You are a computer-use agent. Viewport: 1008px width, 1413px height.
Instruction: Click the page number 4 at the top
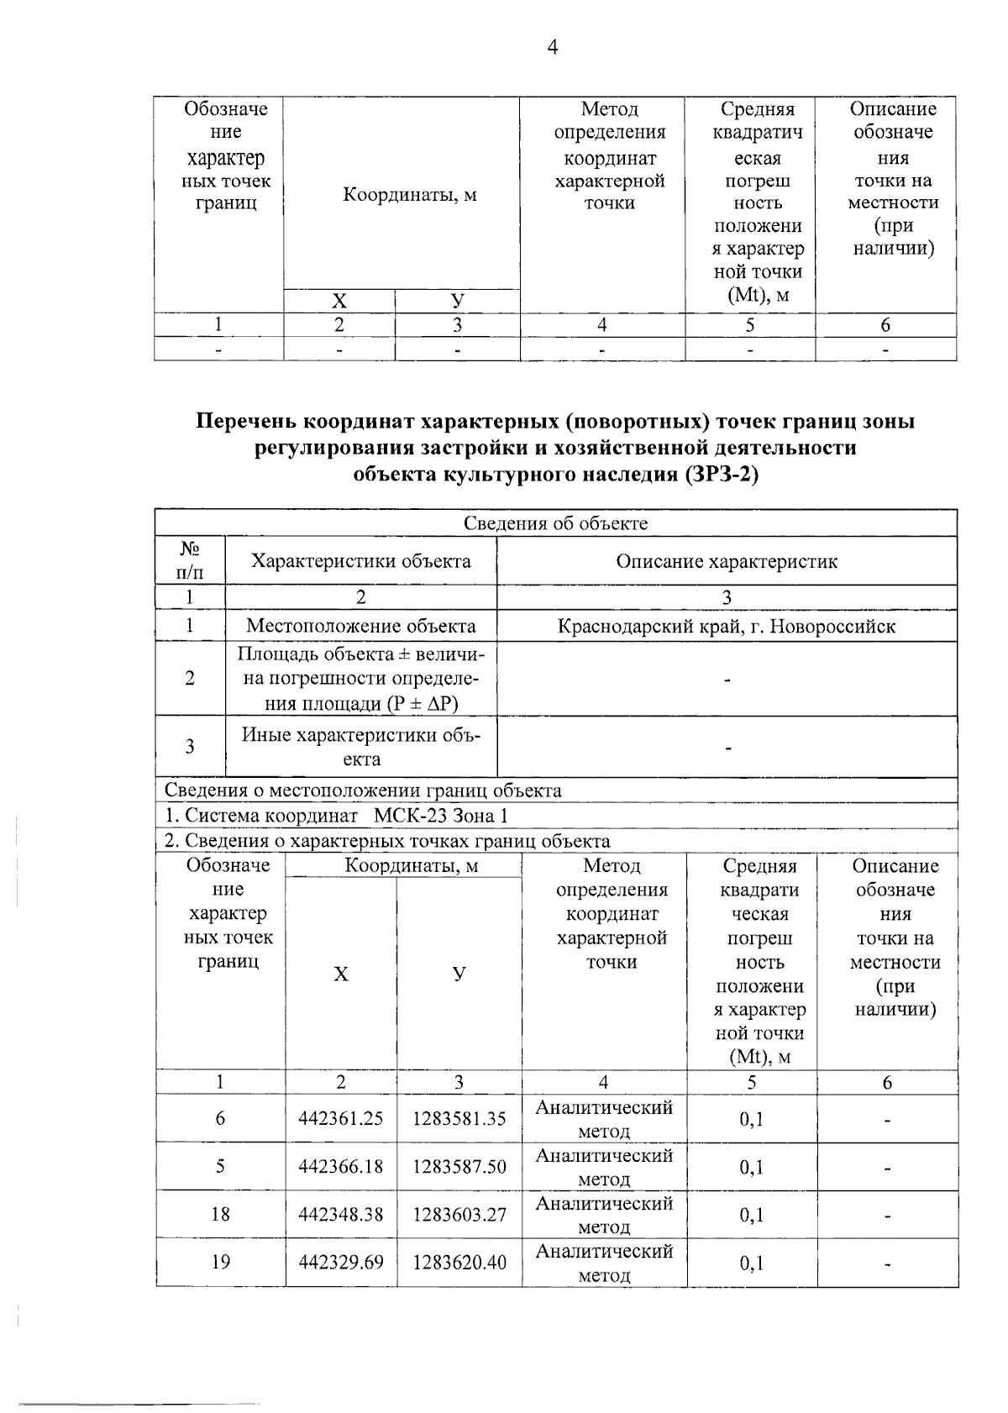552,47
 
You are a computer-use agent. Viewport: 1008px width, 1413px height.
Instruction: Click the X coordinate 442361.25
341,1118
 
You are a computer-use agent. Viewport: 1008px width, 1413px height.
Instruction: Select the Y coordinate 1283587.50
459,1166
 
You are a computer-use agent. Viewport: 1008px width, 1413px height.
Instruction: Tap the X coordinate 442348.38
341,1214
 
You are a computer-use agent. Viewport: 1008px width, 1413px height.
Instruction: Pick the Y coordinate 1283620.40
459,1262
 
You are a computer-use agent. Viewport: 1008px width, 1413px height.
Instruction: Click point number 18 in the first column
220,1214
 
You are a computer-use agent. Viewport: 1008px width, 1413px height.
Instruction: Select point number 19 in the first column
220,1262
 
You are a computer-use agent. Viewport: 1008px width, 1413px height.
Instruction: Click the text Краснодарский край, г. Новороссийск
727,626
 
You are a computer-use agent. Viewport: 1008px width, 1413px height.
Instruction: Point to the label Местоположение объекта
360,626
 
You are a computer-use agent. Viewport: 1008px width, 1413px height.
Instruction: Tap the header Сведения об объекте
556,523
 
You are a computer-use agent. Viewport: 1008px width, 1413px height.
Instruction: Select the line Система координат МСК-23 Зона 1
336,816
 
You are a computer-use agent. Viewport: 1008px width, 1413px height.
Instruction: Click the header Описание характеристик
727,561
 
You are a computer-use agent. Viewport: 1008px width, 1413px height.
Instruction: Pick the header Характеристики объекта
360,561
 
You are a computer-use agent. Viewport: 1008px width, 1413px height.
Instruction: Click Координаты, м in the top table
409,195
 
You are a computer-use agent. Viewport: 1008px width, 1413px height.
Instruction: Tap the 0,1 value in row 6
752,1119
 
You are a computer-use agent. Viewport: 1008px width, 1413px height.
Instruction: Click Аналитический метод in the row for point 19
604,1263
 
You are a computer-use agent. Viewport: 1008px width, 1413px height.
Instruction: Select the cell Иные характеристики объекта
361,746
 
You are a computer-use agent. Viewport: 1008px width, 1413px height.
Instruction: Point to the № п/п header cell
190,561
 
